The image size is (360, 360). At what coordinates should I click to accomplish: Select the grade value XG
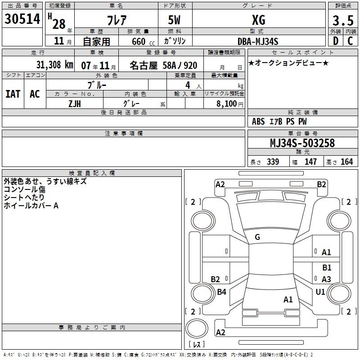click(x=258, y=20)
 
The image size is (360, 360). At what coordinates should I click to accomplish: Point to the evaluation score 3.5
click(x=342, y=20)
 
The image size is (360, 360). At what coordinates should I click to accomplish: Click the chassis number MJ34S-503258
click(x=302, y=143)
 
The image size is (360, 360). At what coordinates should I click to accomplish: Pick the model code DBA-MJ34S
click(x=258, y=41)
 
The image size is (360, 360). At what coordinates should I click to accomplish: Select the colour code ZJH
click(x=75, y=103)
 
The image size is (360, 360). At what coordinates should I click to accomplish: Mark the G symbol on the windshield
click(x=257, y=237)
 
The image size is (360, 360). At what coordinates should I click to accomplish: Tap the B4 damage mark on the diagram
click(x=221, y=292)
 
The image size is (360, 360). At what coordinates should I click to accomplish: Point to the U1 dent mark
click(x=320, y=292)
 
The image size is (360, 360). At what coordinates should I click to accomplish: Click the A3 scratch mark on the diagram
click(x=326, y=279)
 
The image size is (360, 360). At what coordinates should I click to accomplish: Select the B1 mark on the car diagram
click(x=326, y=267)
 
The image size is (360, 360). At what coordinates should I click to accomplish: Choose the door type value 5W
click(x=175, y=20)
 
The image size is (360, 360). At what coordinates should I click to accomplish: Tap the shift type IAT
click(x=13, y=94)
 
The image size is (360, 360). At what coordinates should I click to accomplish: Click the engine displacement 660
click(x=139, y=41)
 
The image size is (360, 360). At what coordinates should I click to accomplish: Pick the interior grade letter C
click(x=350, y=41)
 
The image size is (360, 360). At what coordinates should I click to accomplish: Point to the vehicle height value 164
click(x=346, y=162)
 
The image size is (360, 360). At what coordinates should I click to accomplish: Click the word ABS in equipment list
click(x=258, y=121)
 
